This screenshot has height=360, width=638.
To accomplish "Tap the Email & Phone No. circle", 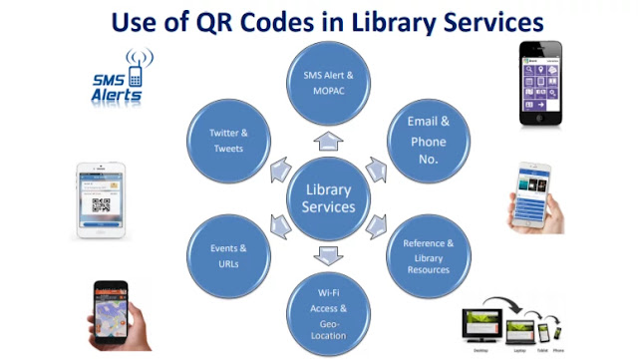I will (428, 141).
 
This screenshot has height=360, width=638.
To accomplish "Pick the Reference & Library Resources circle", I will (428, 255).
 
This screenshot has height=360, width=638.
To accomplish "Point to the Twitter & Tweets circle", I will (229, 141).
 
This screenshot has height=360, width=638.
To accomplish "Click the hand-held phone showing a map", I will (110, 312).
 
